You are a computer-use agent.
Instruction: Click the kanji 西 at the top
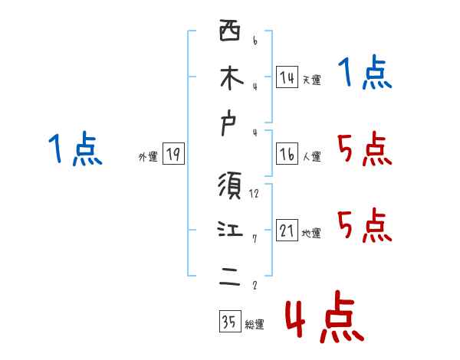point(230,31)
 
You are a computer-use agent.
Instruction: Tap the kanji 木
point(230,78)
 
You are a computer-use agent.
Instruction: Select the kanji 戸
point(230,126)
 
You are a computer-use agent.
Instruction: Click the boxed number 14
point(287,77)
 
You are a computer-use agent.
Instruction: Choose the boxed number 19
point(173,155)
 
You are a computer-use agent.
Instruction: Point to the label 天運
point(311,80)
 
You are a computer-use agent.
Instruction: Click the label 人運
point(311,157)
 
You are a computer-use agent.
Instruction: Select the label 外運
point(148,157)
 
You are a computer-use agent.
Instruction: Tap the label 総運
point(255,325)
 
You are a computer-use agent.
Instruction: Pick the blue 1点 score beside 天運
point(364,74)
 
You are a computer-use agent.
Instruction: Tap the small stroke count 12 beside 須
point(254,194)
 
